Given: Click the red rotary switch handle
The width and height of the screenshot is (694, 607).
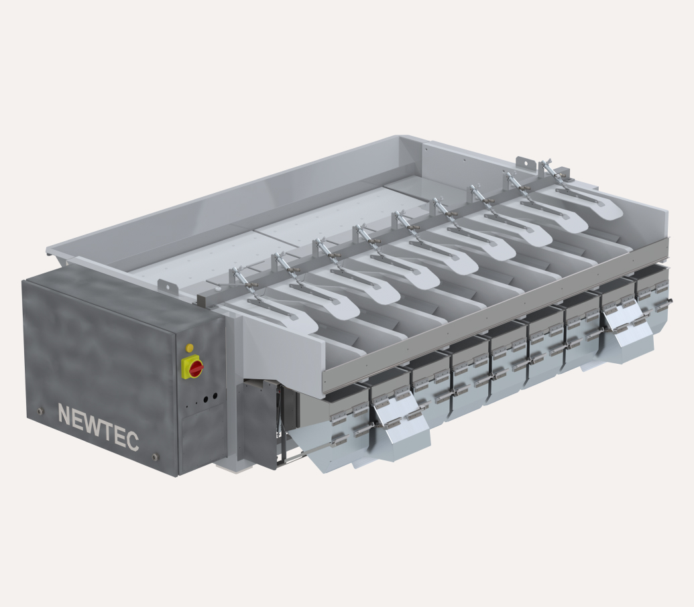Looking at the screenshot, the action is click(195, 367).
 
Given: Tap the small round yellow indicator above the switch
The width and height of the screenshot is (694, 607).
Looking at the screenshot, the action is click(190, 348).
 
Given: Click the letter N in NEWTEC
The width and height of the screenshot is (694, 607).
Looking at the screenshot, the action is click(66, 415).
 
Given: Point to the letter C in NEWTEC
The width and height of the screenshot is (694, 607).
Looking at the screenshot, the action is click(132, 440).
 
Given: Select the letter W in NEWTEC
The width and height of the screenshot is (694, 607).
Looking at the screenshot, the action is click(93, 424).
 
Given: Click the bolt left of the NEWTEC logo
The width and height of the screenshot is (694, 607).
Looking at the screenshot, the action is click(41, 411).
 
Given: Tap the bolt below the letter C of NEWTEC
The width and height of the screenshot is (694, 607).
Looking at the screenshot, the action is click(155, 456).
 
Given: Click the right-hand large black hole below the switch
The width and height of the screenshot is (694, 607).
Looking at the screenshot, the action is click(215, 396).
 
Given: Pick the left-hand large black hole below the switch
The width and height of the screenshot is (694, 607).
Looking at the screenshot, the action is click(206, 400).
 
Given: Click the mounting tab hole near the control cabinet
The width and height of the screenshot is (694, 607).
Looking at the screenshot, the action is click(168, 285).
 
